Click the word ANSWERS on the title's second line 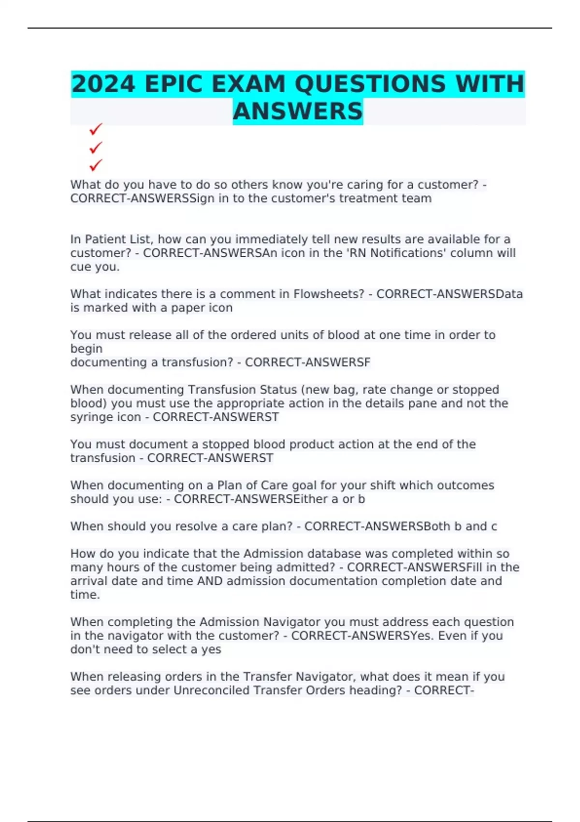(x=298, y=112)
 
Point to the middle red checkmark (x=96, y=147)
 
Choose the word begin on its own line (x=87, y=349)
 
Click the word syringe (x=88, y=417)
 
